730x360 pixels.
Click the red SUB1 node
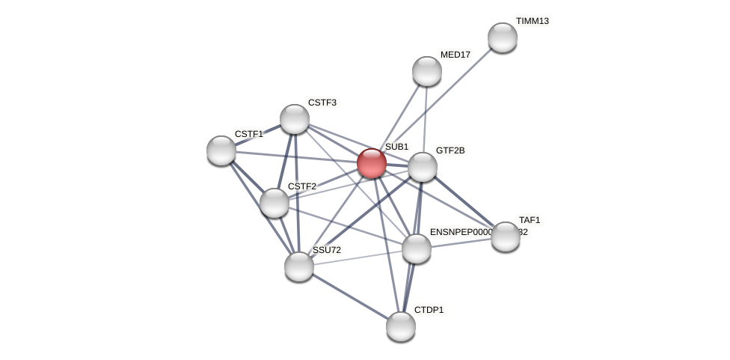(371, 163)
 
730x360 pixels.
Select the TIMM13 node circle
(502, 37)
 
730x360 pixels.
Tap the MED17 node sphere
(426, 71)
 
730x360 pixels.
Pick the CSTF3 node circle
(294, 119)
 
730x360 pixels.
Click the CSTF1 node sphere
(221, 150)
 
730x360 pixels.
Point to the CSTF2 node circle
(274, 203)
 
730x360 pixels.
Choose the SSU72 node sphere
(298, 266)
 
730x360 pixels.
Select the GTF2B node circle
(422, 167)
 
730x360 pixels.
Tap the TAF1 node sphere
(505, 237)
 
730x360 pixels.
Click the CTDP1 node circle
(400, 326)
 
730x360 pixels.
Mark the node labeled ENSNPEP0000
(416, 248)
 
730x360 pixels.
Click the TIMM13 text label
(532, 21)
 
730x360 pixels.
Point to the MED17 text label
(455, 55)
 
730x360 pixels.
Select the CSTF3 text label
(322, 103)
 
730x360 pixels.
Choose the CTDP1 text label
(429, 310)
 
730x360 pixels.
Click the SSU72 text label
(326, 250)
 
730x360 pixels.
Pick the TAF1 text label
(529, 220)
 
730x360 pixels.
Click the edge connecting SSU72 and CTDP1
(349, 296)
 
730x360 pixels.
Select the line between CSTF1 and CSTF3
(258, 135)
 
